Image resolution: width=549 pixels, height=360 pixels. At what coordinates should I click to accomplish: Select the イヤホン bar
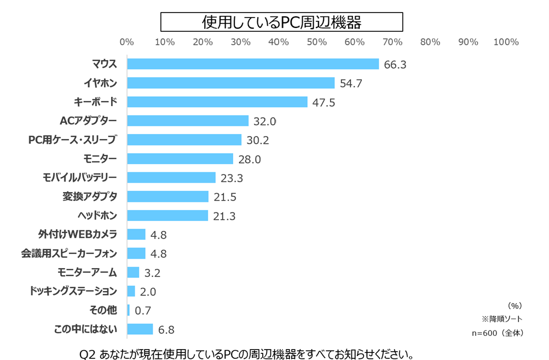point(230,83)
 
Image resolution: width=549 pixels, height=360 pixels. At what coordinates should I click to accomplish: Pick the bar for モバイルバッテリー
point(171,177)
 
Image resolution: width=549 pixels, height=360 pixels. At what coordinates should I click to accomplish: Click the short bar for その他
point(129,310)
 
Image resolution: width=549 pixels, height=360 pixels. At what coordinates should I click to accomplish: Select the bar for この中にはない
point(140,329)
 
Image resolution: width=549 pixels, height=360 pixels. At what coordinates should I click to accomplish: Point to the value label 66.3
point(395,65)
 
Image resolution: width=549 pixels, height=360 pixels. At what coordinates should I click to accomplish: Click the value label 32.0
point(265,121)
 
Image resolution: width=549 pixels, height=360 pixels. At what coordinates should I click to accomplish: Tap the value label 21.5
point(225,196)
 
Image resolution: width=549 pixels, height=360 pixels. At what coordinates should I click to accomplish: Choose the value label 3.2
point(152,272)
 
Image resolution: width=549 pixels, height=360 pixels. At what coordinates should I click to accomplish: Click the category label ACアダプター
point(89,120)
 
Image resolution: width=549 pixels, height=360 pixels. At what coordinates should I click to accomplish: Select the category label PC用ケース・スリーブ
point(73,140)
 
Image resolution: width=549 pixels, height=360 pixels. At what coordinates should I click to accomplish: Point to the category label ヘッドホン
point(98,215)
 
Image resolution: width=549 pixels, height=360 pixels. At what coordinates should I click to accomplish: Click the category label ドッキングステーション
point(73,291)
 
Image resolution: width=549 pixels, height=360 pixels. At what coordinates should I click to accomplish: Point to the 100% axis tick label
point(506,42)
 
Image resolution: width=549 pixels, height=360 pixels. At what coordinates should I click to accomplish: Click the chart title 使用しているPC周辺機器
point(281,22)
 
